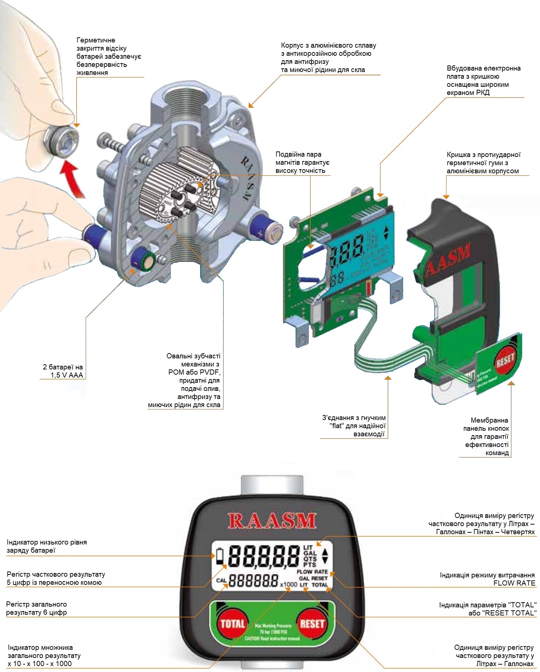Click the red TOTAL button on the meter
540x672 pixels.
[x=232, y=624]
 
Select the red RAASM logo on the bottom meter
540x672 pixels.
[x=272, y=521]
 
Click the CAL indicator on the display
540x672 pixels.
[x=221, y=580]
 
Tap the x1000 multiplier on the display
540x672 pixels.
[x=288, y=584]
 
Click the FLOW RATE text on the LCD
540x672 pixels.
[x=312, y=572]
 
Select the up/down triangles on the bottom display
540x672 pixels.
[x=325, y=556]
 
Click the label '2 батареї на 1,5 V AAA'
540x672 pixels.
[x=63, y=371]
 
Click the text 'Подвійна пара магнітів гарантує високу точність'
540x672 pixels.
[x=302, y=163]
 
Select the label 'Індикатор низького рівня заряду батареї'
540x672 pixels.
[x=47, y=546]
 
